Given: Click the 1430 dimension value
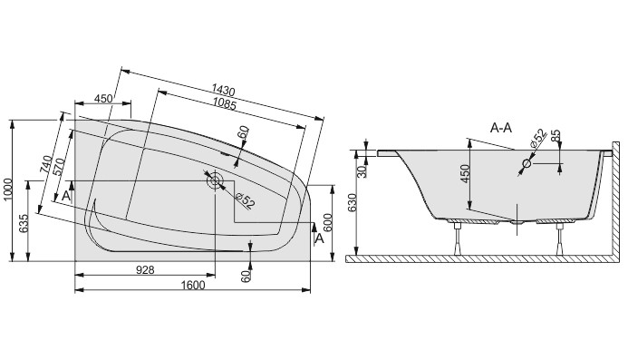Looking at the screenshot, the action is (223, 90).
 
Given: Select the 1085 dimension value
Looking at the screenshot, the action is (225, 104).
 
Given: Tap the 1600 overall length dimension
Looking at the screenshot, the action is (193, 285).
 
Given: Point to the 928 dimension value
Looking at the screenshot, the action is (145, 270).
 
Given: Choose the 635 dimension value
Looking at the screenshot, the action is (24, 223).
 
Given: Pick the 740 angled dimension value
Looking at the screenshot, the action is (45, 164).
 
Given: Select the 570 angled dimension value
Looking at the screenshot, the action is (59, 168).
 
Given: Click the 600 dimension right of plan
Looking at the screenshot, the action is (327, 222).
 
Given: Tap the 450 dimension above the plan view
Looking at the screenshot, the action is (103, 98).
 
